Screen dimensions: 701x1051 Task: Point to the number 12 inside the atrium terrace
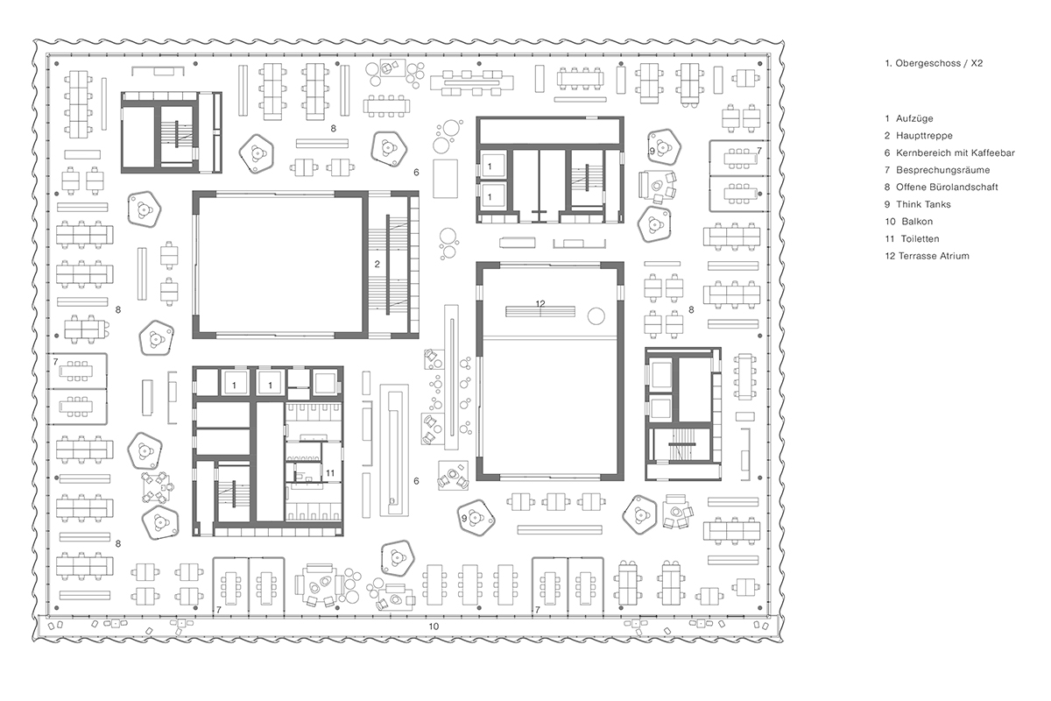[x=540, y=303]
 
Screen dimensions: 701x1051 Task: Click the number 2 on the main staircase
[x=377, y=264]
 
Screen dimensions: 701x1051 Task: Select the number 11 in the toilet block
[x=329, y=473]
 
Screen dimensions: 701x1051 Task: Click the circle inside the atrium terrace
[x=597, y=315]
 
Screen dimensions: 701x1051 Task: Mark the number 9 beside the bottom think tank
[x=464, y=519]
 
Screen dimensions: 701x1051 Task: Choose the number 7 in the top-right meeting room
[x=758, y=152]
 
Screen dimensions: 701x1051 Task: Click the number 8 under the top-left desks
[x=334, y=128]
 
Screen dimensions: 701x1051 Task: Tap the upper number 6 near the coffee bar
[x=416, y=172]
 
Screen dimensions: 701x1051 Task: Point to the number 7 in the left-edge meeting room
[x=55, y=361]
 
